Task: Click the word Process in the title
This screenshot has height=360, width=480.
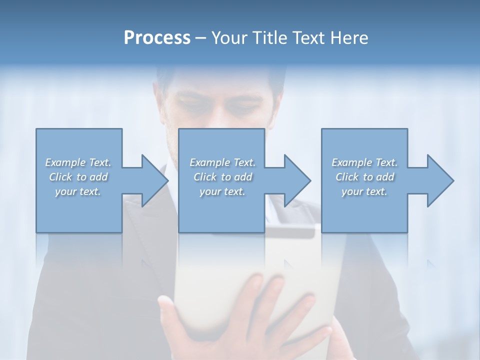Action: (157, 38)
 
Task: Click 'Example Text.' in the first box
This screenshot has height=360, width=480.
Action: (78, 162)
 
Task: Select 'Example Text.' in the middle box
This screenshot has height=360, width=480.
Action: (222, 162)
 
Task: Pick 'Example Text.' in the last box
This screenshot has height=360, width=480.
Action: (364, 162)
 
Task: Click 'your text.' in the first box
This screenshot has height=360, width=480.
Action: (78, 191)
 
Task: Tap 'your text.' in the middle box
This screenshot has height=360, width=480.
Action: (222, 191)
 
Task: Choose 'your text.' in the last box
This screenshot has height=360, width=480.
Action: (364, 191)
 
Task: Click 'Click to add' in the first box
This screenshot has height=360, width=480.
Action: (78, 177)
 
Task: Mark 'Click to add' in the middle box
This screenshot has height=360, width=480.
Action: (222, 177)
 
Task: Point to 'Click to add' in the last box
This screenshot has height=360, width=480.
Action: (365, 177)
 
